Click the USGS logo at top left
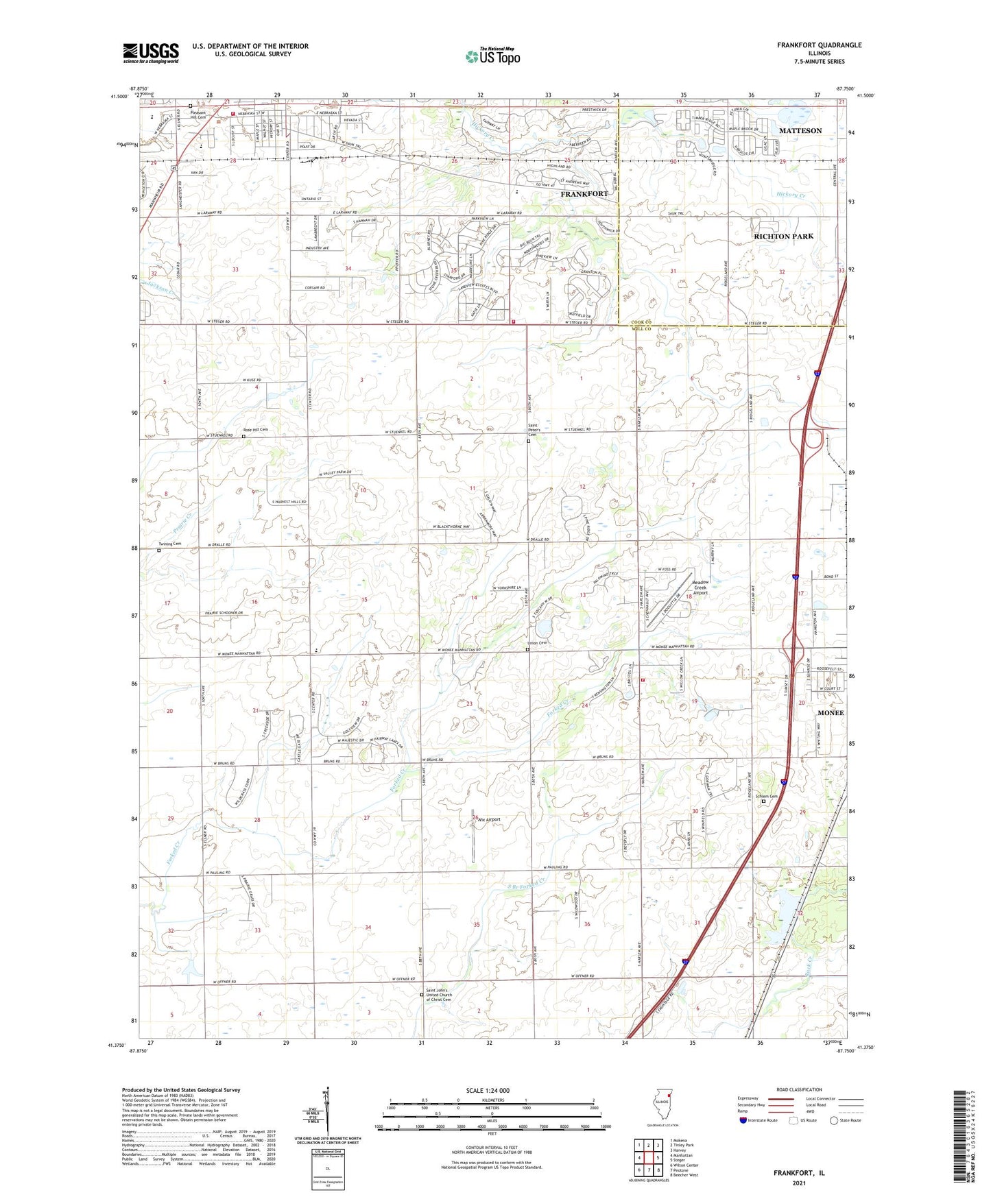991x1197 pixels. (x=151, y=53)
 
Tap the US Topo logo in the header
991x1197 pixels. (x=492, y=56)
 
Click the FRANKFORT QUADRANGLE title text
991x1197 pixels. (x=819, y=45)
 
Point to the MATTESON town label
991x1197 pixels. (x=800, y=130)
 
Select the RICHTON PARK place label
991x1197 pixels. (x=783, y=236)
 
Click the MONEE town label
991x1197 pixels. (x=831, y=713)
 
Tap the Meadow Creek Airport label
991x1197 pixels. (x=700, y=588)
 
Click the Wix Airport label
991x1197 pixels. (x=489, y=819)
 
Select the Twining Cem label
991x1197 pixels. (x=169, y=544)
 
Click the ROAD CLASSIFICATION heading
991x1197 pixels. (x=799, y=1089)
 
